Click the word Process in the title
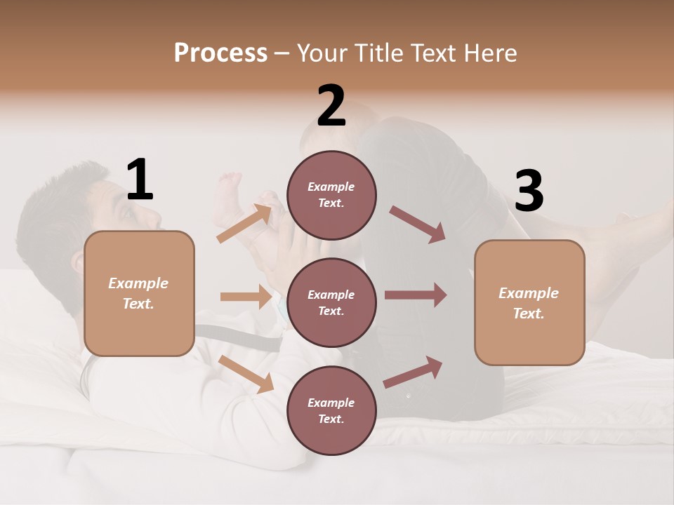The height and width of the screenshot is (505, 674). point(220,53)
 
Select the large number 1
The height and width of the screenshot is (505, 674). point(140,180)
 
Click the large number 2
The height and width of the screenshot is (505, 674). point(331,106)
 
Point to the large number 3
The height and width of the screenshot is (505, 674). point(529,191)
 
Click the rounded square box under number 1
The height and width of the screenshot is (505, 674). point(139,293)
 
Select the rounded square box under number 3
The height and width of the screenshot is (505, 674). point(529,303)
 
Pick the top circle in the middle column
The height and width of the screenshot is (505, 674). point(331,194)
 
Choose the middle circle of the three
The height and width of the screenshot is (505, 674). point(331,302)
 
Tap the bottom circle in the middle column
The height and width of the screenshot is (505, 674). point(331,410)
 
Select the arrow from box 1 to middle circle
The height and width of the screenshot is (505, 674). point(246,297)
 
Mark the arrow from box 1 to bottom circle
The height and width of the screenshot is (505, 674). point(246,374)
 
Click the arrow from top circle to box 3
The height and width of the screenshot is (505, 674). point(418,224)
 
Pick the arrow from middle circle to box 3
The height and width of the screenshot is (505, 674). point(416,295)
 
